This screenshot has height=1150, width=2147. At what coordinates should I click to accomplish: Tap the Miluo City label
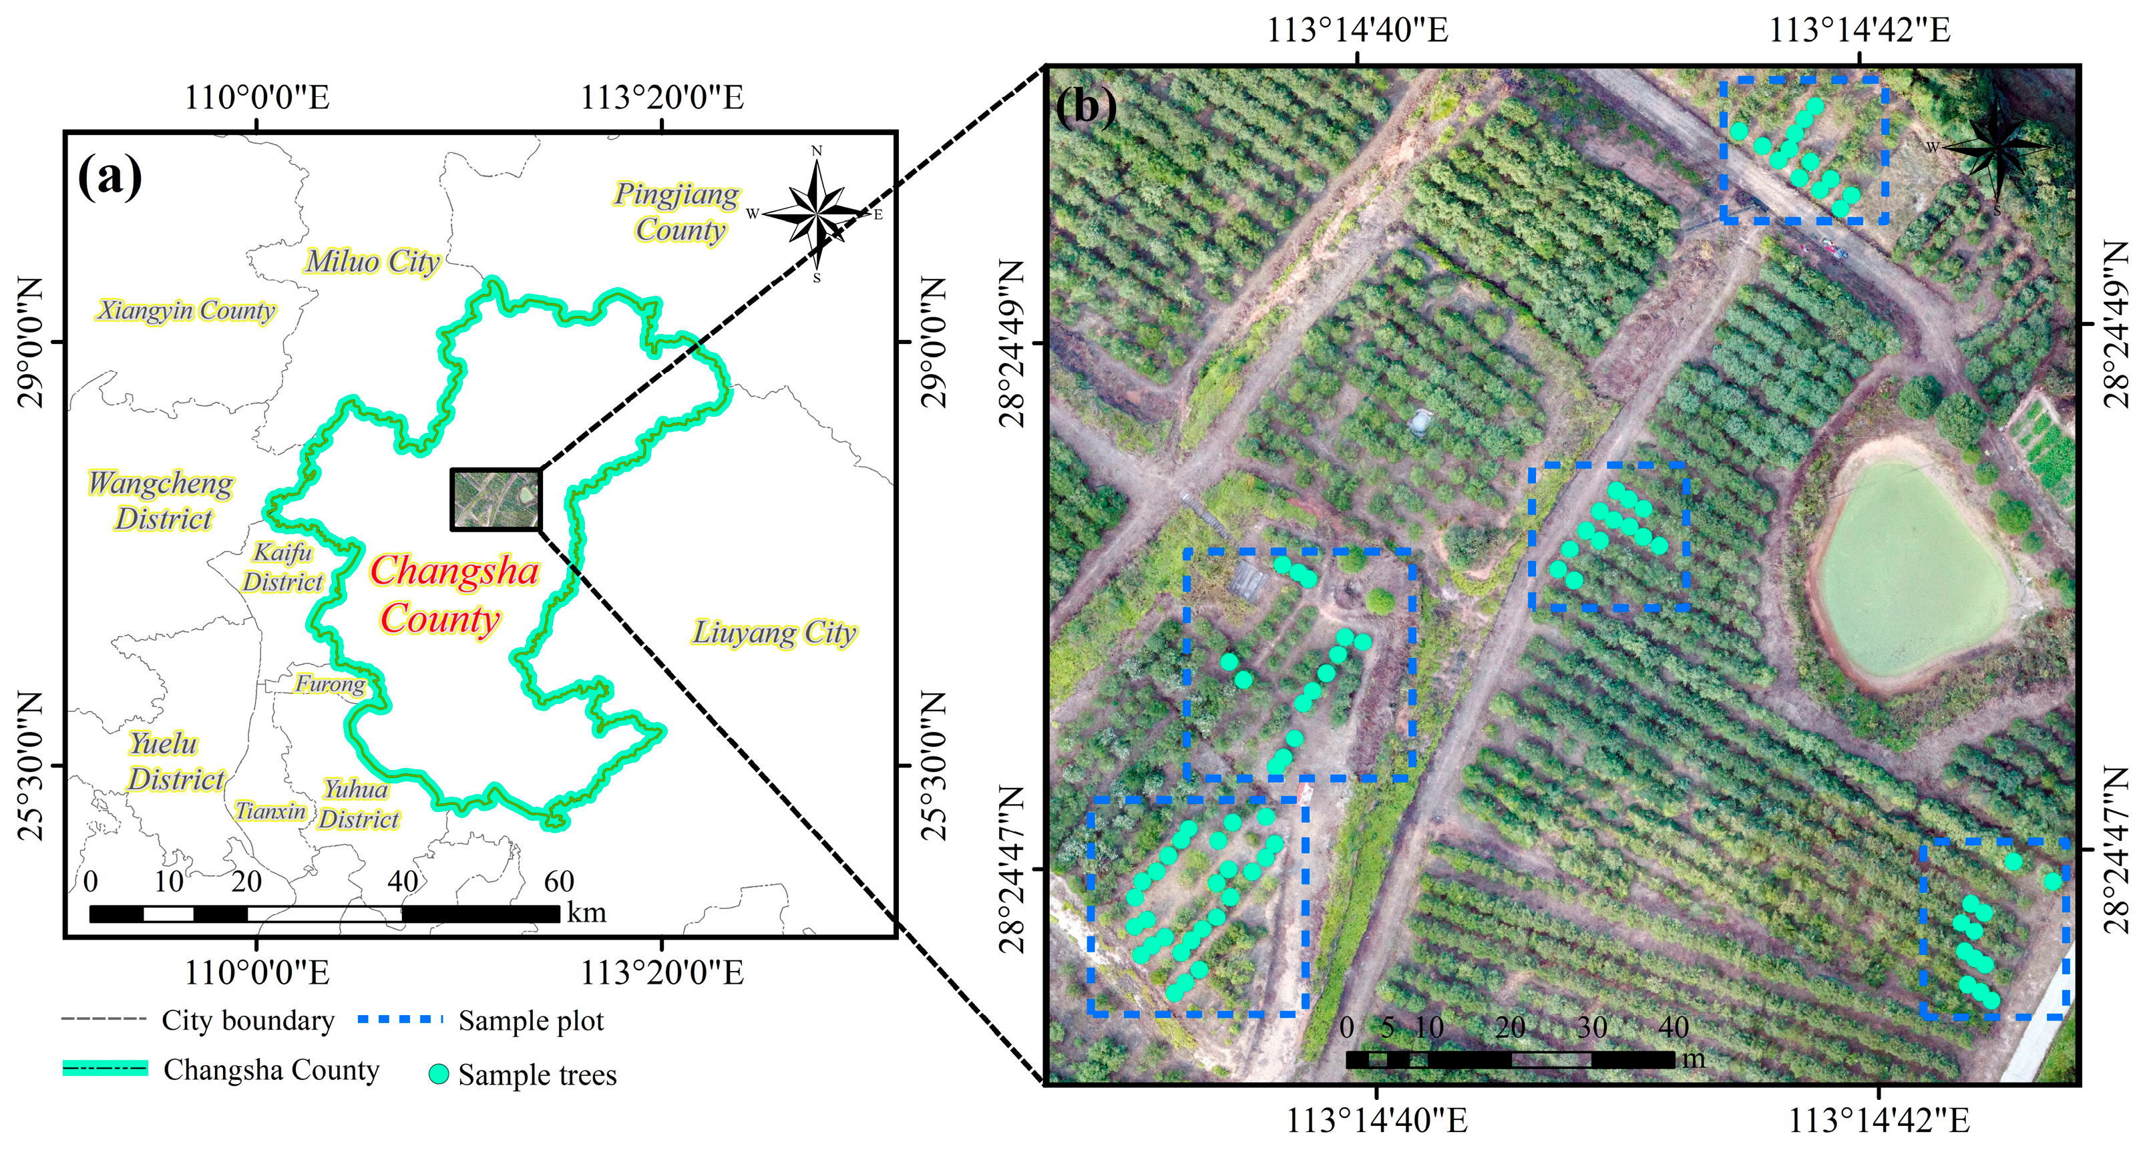[x=372, y=262]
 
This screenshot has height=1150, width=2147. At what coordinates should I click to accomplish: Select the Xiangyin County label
[x=185, y=311]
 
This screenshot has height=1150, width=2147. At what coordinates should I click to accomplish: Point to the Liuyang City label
[x=773, y=632]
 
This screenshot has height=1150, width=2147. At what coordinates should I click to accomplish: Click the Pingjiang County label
[x=676, y=212]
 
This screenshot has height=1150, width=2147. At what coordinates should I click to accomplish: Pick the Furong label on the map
[x=330, y=684]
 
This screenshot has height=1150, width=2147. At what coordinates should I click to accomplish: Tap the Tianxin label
[x=270, y=811]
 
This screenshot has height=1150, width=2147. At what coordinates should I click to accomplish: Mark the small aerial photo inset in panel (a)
[x=496, y=499]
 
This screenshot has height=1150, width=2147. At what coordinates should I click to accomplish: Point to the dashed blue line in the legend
[x=399, y=1019]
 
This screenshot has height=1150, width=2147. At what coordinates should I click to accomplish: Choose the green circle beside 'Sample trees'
[x=438, y=1074]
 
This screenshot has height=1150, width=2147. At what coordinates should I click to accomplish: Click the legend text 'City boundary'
[x=248, y=1020]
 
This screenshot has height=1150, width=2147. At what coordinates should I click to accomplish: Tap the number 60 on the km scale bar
[x=558, y=881]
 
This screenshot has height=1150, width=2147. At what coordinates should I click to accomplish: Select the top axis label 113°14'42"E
[x=1859, y=30]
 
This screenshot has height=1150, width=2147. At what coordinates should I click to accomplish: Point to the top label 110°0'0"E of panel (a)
[x=256, y=98]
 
